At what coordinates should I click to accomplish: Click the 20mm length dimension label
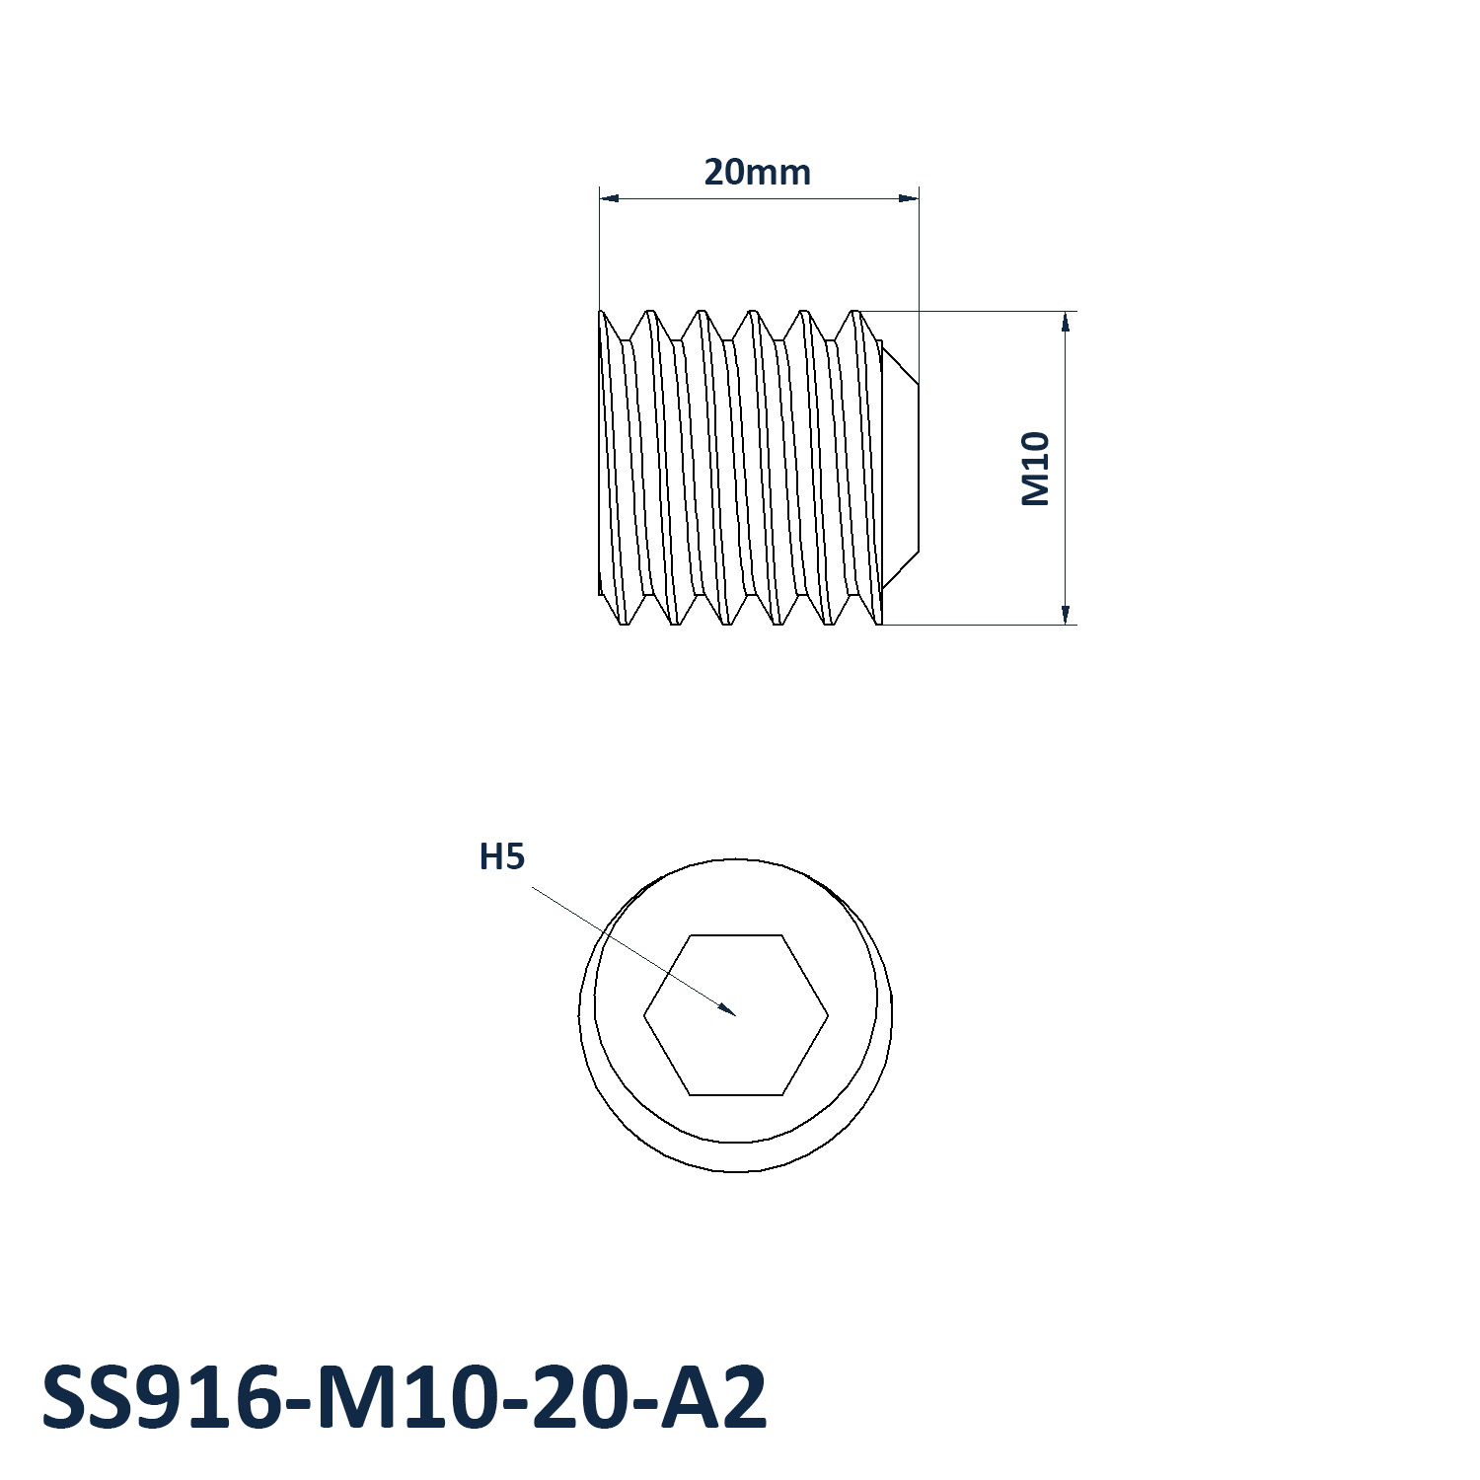[x=757, y=173]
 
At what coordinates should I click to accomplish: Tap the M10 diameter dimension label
[x=1035, y=469]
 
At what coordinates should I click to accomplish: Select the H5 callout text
[x=501, y=857]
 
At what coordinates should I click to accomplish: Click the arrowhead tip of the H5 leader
[x=736, y=1014]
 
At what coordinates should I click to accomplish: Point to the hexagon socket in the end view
[x=736, y=1014]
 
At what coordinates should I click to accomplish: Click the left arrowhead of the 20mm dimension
[x=601, y=198]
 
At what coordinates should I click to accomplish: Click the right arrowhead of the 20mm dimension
[x=918, y=198]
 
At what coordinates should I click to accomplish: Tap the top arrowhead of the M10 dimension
[x=1066, y=313]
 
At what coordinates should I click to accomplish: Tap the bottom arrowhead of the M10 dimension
[x=1066, y=624]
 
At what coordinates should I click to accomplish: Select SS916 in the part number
[x=162, y=1398]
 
